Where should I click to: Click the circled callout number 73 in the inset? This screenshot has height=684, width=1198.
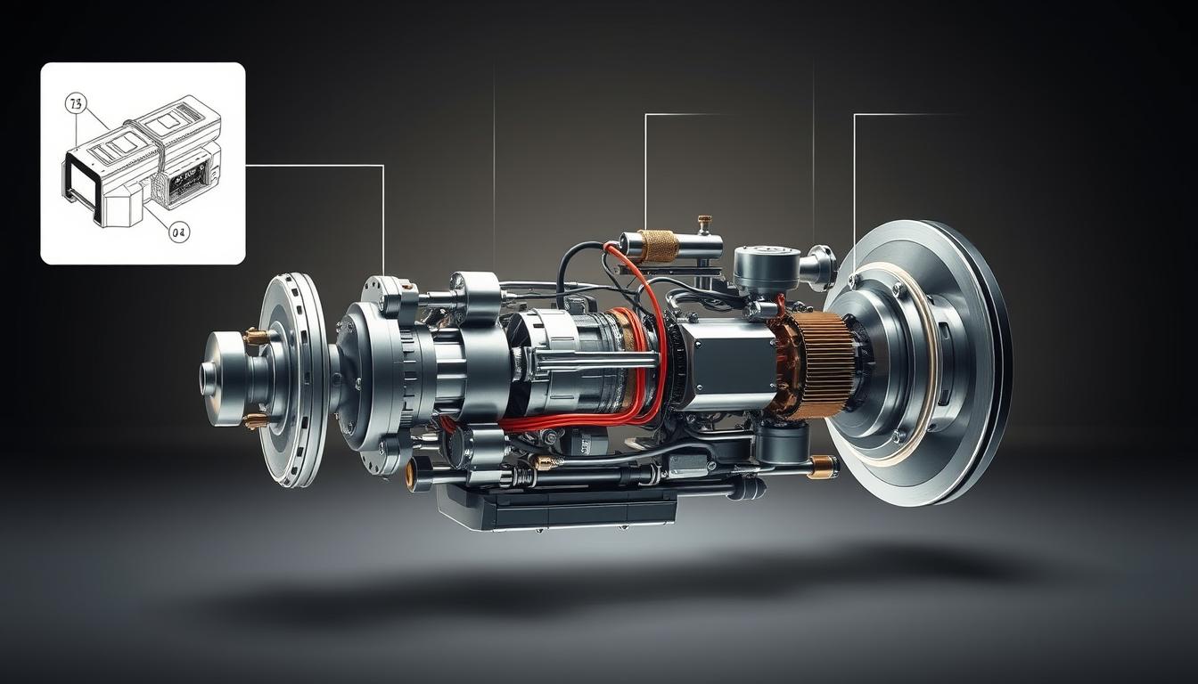pos(75,104)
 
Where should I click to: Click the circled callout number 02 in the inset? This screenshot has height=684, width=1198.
pos(179,232)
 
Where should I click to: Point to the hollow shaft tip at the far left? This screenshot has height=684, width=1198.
pos(209,378)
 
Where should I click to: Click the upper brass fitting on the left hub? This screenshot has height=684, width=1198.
pos(256,337)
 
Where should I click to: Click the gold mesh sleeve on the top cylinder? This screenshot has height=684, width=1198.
pos(659,246)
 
